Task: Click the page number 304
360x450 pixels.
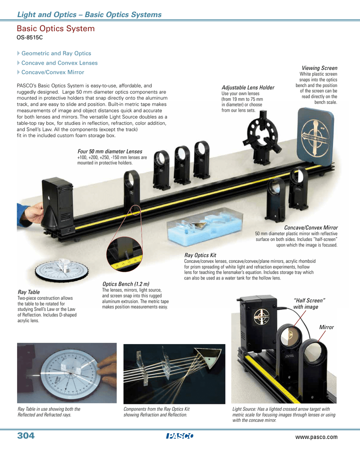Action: [x=26, y=435]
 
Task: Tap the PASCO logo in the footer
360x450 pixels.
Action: [x=180, y=436]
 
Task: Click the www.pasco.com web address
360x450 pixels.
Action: [x=316, y=437]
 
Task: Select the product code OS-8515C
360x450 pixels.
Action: [x=29, y=37]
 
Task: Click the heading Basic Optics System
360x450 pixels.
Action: [x=56, y=29]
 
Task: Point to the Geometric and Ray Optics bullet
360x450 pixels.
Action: [x=56, y=53]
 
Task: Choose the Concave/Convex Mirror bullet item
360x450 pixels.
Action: [x=53, y=73]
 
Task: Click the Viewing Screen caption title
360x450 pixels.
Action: [x=319, y=68]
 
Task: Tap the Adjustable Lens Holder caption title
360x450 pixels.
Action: [x=248, y=87]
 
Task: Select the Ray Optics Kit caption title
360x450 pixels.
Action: [x=200, y=255]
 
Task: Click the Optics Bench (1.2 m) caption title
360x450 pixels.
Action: [x=126, y=284]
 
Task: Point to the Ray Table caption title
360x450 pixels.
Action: [x=29, y=292]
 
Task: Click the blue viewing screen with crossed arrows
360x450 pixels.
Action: [x=315, y=137]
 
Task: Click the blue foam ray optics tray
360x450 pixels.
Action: [x=205, y=228]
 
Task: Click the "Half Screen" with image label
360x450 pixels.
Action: [x=309, y=304]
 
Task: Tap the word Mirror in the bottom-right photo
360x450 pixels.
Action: [x=327, y=327]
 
